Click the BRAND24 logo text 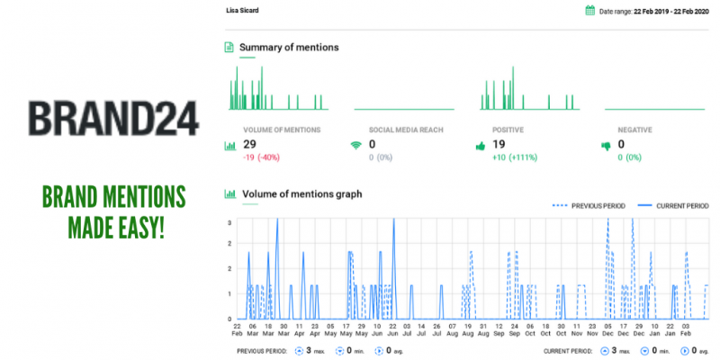coord(112,117)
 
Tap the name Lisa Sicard coord(242,11)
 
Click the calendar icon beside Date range coord(590,11)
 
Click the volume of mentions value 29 coord(251,144)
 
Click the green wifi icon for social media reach coord(355,145)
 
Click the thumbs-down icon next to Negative coord(606,145)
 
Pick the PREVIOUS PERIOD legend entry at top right coord(590,206)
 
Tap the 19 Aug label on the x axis coord(466,331)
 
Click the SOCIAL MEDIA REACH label coord(406,130)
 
